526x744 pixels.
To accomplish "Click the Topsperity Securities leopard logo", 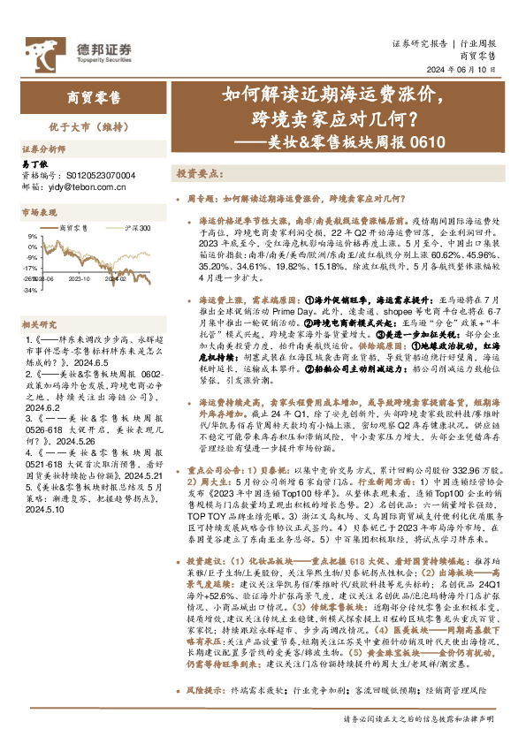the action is coord(32,49).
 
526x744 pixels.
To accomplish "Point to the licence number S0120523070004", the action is coord(99,175).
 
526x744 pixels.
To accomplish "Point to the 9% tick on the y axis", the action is coord(32,237).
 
